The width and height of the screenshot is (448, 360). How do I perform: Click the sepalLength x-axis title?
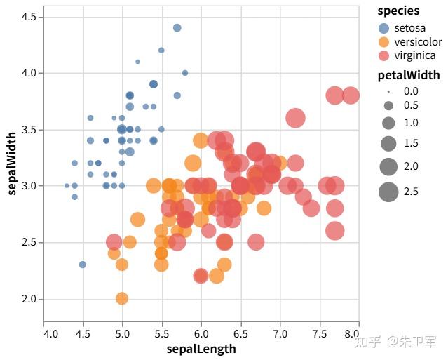201,349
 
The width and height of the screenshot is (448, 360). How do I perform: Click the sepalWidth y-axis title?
12,162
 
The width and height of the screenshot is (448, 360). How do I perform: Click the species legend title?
398,11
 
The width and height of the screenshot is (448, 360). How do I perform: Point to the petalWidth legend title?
409,75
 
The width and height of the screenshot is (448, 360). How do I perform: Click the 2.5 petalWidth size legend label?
411,191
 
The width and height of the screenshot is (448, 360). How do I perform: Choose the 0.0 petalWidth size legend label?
411,91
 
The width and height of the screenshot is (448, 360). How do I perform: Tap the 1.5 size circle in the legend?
388,144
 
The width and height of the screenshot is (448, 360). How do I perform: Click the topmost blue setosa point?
177,28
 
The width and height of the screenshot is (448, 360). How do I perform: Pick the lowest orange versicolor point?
122,298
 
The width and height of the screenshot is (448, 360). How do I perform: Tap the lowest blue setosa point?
83,265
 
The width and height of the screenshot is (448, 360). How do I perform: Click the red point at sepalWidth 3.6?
296,119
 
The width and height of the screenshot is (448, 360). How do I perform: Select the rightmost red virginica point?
351,95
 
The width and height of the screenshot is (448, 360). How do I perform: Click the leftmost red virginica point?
114,242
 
